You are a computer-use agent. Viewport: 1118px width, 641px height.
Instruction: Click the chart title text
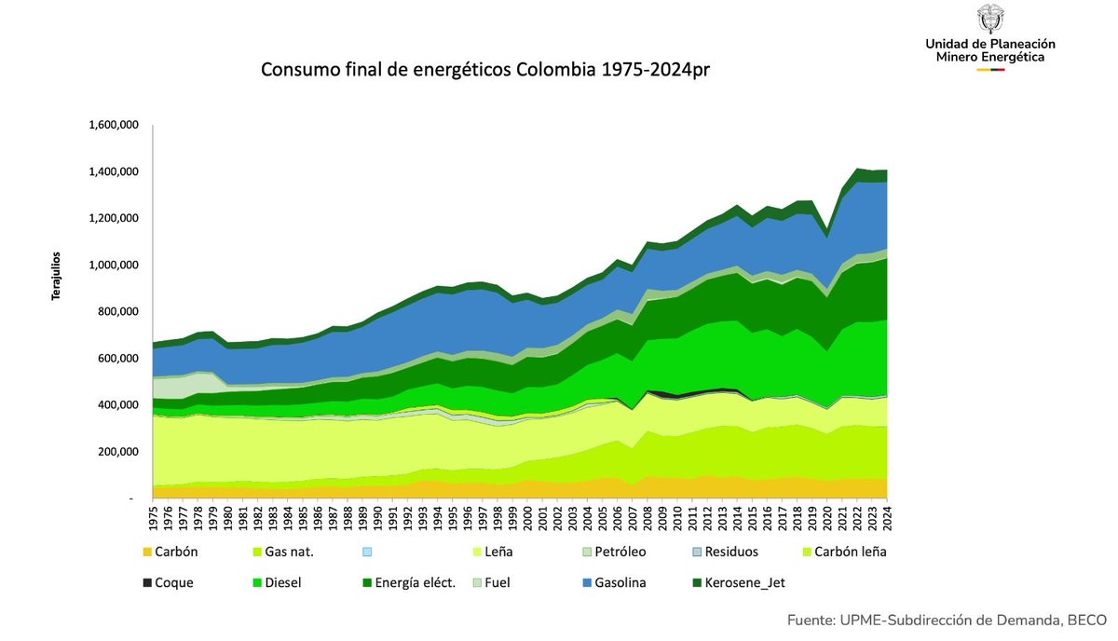coord(491,71)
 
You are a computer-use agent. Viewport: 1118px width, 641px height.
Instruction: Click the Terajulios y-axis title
coord(55,275)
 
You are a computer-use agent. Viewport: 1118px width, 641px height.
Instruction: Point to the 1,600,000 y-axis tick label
coord(114,125)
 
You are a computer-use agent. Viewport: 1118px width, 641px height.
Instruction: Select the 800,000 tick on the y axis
coord(117,311)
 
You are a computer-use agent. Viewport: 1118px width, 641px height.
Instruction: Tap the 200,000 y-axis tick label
coord(117,452)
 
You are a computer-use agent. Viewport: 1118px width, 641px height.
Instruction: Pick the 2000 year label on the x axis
coord(528,516)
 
